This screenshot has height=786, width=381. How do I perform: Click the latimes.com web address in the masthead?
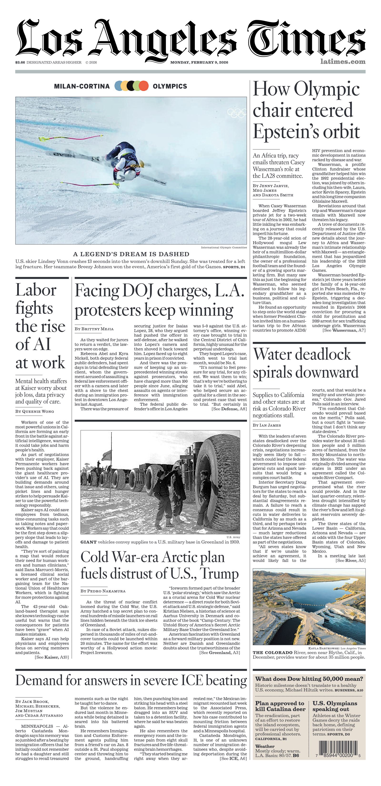343,62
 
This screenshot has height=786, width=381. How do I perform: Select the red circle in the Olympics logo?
143,86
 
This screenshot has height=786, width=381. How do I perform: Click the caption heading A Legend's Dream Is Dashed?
131,254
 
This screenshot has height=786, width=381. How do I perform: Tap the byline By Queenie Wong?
35,411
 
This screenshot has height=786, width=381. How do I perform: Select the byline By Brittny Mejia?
94,329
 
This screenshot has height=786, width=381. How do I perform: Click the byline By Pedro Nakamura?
103,591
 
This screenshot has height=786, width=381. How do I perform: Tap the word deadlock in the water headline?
321,355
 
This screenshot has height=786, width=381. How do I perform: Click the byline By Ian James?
267,425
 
